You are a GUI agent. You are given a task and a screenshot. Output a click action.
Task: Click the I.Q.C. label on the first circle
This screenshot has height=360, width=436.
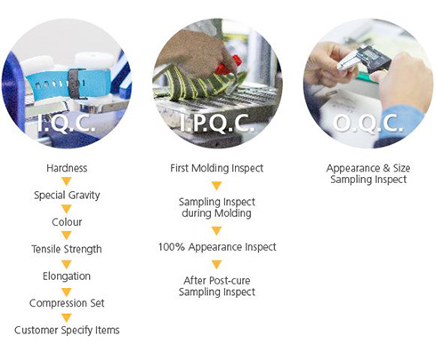(66, 123)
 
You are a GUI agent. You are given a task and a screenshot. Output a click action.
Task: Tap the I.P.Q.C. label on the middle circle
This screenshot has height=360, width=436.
(217, 123)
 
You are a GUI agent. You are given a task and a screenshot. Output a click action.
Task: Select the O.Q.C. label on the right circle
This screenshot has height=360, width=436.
(368, 123)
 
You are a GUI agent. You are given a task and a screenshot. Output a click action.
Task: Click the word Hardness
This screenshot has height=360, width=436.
(67, 168)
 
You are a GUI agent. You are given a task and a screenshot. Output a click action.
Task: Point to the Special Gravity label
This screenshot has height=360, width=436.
(67, 196)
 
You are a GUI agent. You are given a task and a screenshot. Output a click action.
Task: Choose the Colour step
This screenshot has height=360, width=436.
(67, 222)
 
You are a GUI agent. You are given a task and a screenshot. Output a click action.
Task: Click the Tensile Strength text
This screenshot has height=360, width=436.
(67, 249)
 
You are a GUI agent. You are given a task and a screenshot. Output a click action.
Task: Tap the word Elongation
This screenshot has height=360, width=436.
(67, 276)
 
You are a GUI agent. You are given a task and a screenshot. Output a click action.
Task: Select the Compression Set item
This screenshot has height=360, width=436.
(67, 303)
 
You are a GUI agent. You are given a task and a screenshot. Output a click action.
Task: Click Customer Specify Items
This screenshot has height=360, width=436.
(67, 330)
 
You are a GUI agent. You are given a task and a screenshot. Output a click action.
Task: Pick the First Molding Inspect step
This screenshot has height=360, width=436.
(216, 168)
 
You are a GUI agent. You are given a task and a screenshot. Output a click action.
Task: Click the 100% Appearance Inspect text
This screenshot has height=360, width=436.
(217, 247)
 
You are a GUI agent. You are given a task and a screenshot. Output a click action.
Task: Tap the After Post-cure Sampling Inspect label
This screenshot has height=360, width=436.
(217, 286)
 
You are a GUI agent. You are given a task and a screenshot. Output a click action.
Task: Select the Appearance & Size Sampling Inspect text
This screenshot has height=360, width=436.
(368, 174)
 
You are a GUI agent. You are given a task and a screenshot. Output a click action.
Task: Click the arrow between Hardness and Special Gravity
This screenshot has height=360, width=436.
(67, 181)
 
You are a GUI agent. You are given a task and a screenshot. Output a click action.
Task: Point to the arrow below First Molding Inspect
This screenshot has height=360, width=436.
(217, 186)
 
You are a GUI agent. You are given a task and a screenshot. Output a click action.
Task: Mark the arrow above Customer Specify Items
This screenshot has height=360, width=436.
(67, 317)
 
